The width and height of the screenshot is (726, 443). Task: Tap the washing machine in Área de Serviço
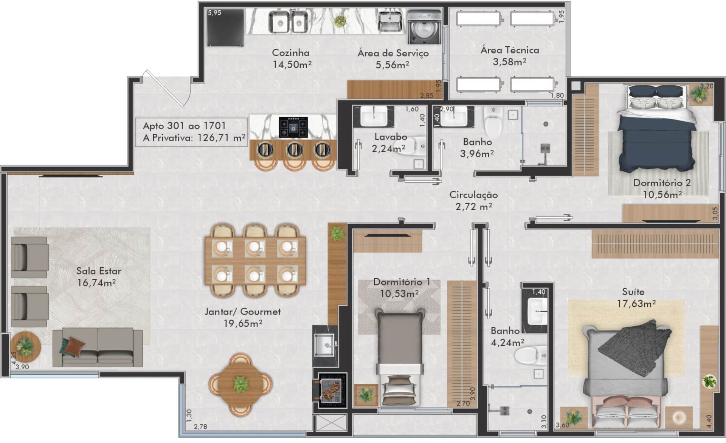(424, 28)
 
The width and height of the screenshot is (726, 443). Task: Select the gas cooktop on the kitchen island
(293, 128)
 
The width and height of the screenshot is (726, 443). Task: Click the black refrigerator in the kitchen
(225, 28)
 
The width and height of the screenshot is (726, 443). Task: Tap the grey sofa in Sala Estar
(98, 347)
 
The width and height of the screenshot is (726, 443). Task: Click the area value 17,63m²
(636, 304)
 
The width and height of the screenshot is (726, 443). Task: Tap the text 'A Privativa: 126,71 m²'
(194, 138)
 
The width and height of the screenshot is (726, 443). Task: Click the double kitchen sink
(288, 22)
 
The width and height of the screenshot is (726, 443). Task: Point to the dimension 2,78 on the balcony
(200, 427)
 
